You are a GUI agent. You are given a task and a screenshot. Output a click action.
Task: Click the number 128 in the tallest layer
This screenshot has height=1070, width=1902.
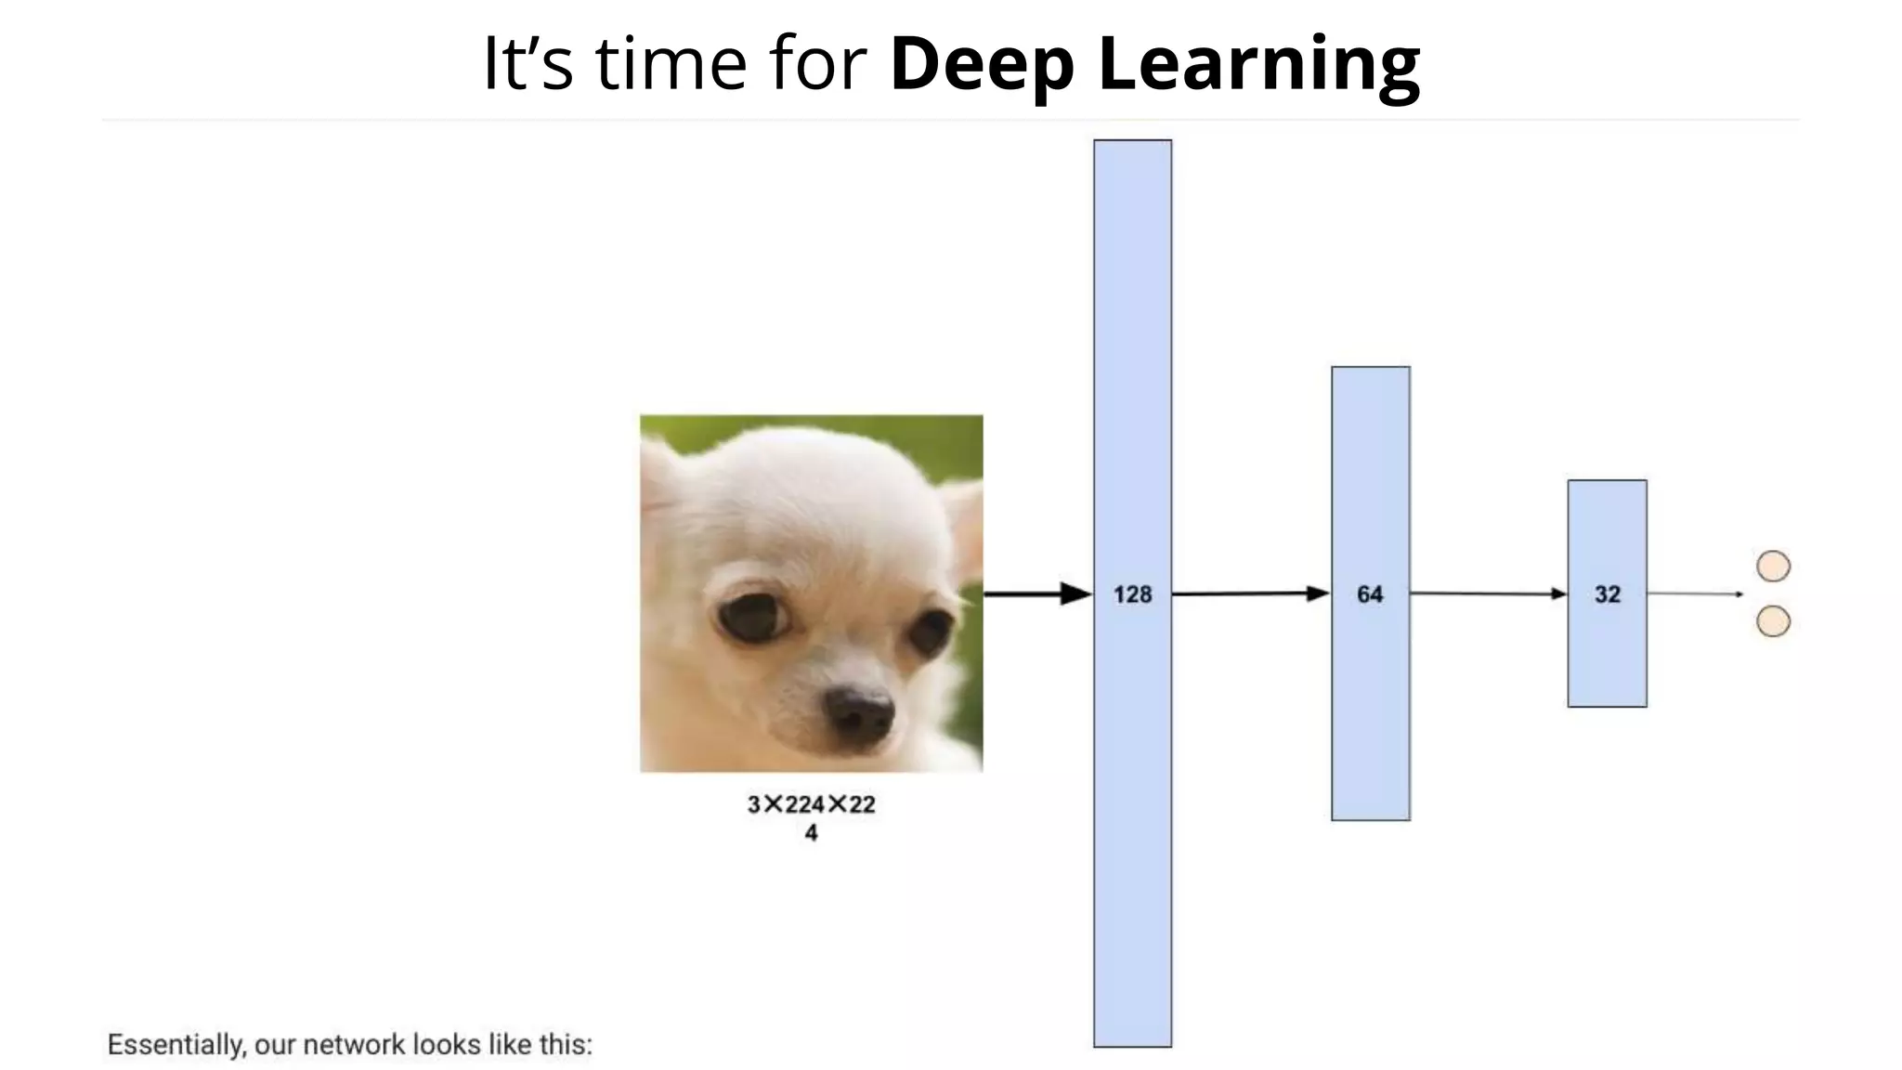1132,594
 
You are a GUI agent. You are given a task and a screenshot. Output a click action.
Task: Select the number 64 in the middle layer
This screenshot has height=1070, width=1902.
1370,594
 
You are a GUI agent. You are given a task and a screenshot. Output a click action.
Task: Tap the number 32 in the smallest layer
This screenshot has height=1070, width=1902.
1608,594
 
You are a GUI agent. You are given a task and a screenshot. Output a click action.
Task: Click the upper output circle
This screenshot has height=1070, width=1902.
1773,567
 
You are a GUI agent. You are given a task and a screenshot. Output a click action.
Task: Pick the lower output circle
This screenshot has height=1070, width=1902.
1773,621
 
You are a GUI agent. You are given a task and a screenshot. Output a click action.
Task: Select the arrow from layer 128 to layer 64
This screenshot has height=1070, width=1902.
1250,594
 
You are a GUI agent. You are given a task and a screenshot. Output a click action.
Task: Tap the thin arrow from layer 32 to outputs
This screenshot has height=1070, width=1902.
1695,594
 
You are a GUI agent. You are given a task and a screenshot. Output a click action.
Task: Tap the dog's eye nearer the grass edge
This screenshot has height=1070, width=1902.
930,633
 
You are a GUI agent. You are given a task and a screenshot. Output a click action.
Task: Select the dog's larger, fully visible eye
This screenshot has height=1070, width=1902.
752,615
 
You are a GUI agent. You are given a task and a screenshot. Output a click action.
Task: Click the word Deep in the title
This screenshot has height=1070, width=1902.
982,64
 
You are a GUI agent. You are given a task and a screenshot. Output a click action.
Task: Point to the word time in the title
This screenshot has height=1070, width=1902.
671,64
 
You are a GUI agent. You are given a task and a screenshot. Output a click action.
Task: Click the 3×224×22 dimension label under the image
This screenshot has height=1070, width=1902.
811,804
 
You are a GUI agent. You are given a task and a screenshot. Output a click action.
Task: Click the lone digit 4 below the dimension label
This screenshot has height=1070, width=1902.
811,833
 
